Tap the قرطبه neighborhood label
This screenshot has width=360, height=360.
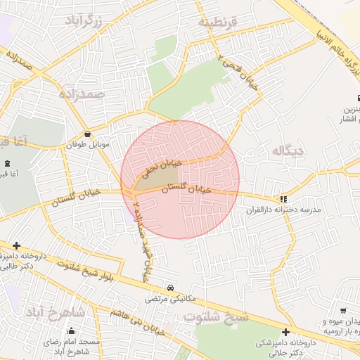218,23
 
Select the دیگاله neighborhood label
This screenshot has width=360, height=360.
289,150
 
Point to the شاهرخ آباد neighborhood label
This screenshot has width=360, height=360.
56,311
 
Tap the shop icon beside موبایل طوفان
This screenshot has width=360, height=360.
87,134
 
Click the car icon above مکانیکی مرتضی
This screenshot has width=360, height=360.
171,288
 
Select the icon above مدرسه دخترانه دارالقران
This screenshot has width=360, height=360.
283,199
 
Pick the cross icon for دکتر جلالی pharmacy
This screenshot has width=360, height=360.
285,332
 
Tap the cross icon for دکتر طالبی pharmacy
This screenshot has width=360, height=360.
16,245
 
